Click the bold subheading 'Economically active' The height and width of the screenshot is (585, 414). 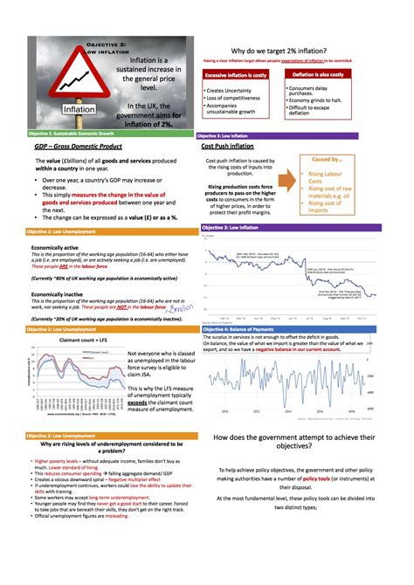pyautogui.click(x=52, y=247)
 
